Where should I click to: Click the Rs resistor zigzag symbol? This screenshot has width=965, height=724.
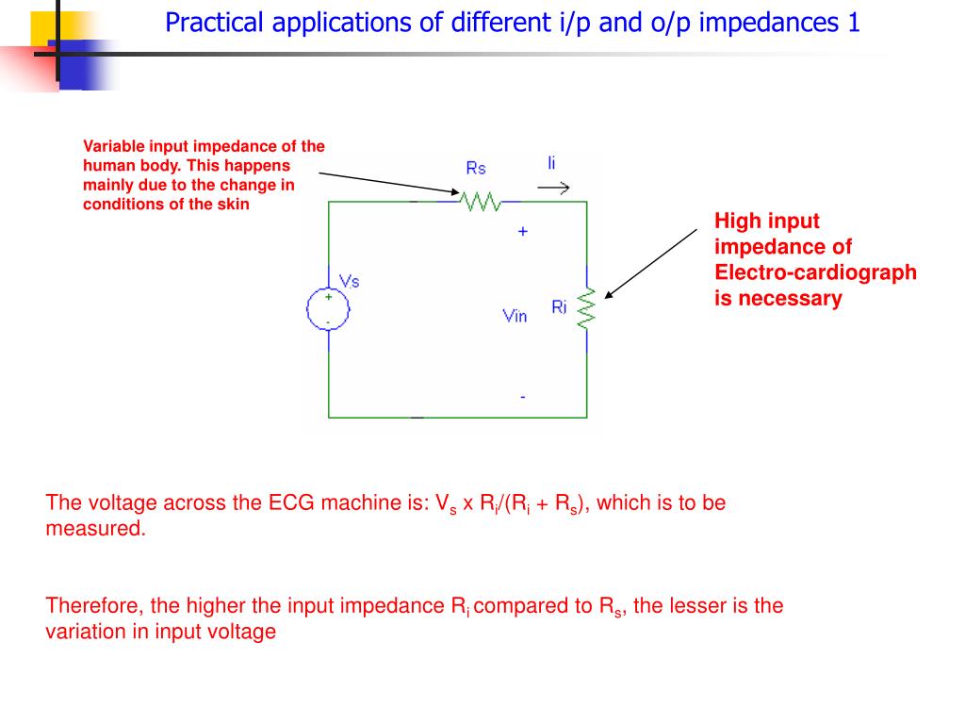tap(480, 201)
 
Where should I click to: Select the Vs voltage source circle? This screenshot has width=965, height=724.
tap(328, 309)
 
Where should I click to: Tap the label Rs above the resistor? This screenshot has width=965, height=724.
tap(476, 168)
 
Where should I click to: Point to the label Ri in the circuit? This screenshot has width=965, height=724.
tap(559, 307)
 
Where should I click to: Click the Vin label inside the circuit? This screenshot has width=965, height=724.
tap(515, 316)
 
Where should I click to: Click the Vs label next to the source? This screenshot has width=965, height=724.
tap(349, 281)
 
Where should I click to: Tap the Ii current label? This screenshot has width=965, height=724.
tap(551, 163)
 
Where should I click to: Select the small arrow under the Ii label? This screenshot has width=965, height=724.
tap(553, 189)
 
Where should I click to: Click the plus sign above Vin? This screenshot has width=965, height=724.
tap(522, 231)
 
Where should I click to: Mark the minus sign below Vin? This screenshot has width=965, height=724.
tap(523, 397)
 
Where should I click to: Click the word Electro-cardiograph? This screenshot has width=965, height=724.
tap(815, 272)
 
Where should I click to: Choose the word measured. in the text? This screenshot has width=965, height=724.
tap(96, 529)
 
